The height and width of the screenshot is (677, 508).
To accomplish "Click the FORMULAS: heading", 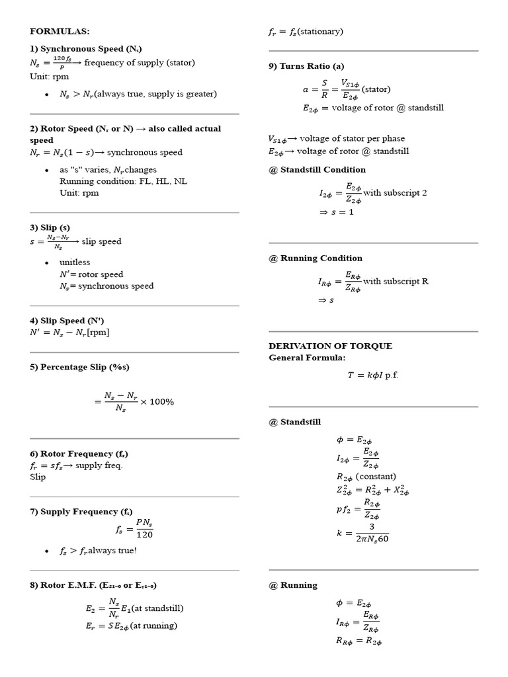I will click(x=60, y=31).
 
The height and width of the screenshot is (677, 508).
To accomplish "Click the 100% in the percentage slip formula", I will click(x=162, y=402).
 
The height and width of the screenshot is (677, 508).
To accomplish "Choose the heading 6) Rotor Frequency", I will click(x=79, y=454).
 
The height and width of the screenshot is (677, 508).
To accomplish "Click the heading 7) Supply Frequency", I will click(x=81, y=512).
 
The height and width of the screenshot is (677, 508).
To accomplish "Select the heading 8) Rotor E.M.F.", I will click(x=93, y=585).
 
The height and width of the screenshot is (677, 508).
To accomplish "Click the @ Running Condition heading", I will click(x=316, y=258).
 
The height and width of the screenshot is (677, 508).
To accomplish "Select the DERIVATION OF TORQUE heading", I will click(x=330, y=346).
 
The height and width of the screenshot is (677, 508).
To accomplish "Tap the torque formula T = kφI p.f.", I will click(x=373, y=375).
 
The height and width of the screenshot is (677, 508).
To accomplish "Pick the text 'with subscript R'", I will click(x=396, y=281).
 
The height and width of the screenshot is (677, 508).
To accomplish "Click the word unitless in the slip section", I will click(x=75, y=262).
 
